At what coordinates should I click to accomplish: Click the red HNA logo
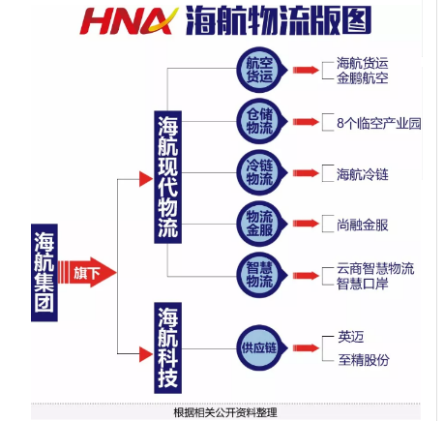point(129,21)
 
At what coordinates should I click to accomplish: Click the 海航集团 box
point(44,273)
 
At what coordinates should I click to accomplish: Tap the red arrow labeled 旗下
point(87,273)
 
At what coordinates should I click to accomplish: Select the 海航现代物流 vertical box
point(167,177)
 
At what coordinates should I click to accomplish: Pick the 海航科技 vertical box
point(167,347)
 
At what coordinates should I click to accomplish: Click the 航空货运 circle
point(261,70)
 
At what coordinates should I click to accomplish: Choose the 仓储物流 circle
point(261,121)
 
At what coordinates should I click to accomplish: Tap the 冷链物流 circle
point(261,172)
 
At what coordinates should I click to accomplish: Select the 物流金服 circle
point(261,224)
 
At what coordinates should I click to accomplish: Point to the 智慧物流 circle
point(261,275)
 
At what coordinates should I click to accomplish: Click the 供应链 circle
point(261,347)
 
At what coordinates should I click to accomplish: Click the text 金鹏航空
point(363,78)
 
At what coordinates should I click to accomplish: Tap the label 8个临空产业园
point(379,123)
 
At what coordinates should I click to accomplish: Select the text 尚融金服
point(363,226)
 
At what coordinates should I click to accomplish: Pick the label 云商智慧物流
point(375,268)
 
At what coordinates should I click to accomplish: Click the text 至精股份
point(364,360)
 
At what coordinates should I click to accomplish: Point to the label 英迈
point(351,337)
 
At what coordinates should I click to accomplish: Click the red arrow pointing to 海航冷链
point(306,173)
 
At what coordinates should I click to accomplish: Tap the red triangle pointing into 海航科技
point(146,354)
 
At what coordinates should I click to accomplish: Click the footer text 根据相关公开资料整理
point(225,412)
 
